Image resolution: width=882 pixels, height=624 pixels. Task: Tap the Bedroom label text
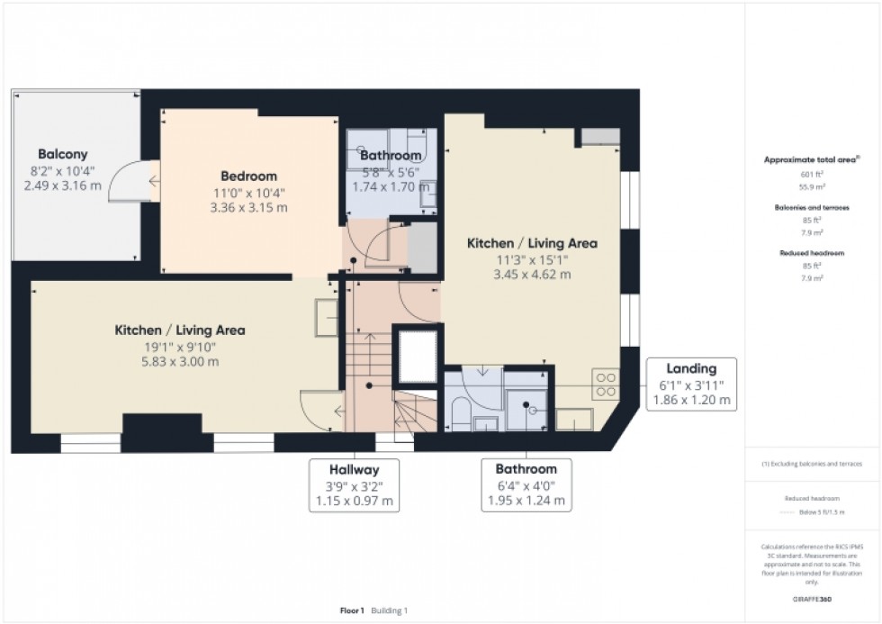(248, 176)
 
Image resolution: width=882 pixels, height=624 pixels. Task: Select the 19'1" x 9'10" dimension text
(179, 347)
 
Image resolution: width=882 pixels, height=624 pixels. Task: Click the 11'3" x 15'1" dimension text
(531, 259)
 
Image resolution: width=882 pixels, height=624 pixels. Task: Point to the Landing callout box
(691, 384)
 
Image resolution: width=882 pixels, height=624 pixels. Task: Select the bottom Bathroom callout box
(526, 484)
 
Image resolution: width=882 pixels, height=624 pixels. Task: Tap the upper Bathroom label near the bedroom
(391, 156)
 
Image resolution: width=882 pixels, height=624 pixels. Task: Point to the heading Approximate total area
(812, 159)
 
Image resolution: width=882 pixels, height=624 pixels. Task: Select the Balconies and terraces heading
(812, 207)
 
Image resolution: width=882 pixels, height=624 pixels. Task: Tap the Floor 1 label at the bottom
(351, 610)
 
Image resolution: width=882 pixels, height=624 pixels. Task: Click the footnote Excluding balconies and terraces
(812, 464)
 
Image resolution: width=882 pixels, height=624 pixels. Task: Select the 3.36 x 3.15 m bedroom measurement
(248, 206)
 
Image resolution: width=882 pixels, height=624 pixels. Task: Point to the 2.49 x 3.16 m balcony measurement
(62, 185)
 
